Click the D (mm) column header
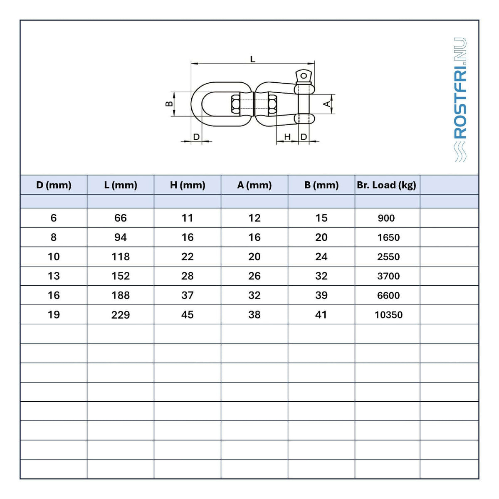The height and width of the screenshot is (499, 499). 54,185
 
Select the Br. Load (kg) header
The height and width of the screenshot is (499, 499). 386,185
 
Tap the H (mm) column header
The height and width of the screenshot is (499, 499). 188,185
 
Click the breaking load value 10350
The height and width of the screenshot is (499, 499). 388,315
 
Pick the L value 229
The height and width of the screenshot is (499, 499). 121,315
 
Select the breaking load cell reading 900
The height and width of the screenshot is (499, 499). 386,218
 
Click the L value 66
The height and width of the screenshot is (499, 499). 121,218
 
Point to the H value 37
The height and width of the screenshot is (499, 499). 187,296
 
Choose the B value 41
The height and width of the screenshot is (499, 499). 321,315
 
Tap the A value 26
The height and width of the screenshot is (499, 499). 254,276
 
